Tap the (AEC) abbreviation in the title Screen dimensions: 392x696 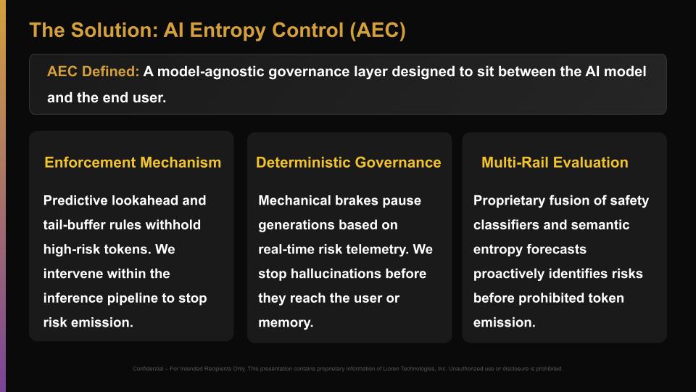378,30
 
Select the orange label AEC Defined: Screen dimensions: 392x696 93,72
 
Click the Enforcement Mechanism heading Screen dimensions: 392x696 133,163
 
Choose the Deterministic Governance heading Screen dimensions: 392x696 348,163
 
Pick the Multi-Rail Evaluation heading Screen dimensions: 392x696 555,163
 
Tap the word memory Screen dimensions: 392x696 286,323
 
